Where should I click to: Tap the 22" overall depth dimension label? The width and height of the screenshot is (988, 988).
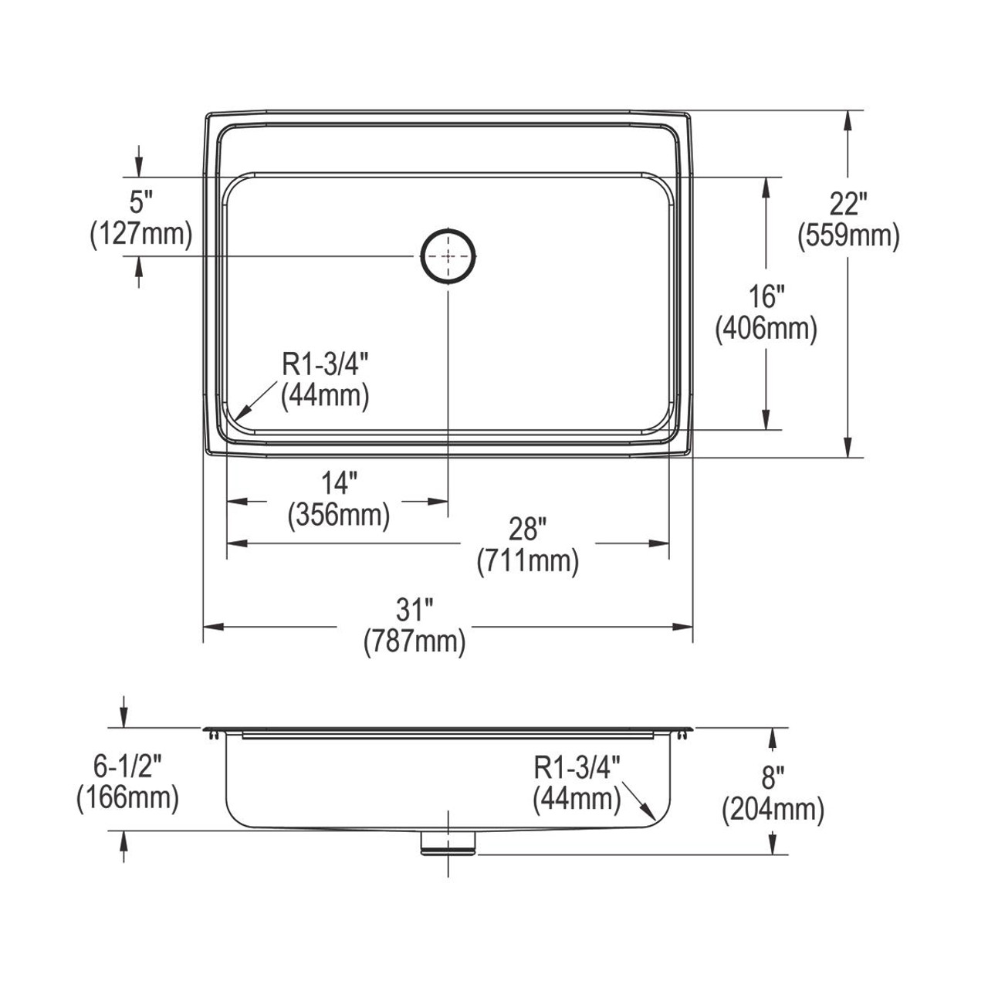pyautogui.click(x=849, y=205)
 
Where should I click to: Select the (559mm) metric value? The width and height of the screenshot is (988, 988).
pyautogui.click(x=849, y=236)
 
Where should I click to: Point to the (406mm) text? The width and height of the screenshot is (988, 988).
pyautogui.click(x=766, y=329)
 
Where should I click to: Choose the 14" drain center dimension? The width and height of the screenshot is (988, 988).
pyautogui.click(x=339, y=483)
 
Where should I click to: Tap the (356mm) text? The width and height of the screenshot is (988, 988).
pyautogui.click(x=339, y=515)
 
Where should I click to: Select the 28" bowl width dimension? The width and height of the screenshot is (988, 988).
pyautogui.click(x=528, y=530)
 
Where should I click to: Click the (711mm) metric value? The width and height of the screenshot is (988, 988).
pyautogui.click(x=528, y=561)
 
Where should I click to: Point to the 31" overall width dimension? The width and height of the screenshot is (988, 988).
pyautogui.click(x=414, y=611)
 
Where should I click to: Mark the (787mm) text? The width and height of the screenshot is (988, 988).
pyautogui.click(x=414, y=642)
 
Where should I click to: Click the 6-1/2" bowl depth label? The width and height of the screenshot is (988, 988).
pyautogui.click(x=128, y=765)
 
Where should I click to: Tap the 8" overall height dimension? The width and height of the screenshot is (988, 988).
pyautogui.click(x=773, y=777)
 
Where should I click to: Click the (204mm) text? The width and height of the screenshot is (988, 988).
pyautogui.click(x=773, y=809)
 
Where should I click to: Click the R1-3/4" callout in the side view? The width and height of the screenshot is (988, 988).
pyautogui.click(x=577, y=768)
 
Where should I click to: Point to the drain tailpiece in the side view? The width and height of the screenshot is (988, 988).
pyautogui.click(x=448, y=844)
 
